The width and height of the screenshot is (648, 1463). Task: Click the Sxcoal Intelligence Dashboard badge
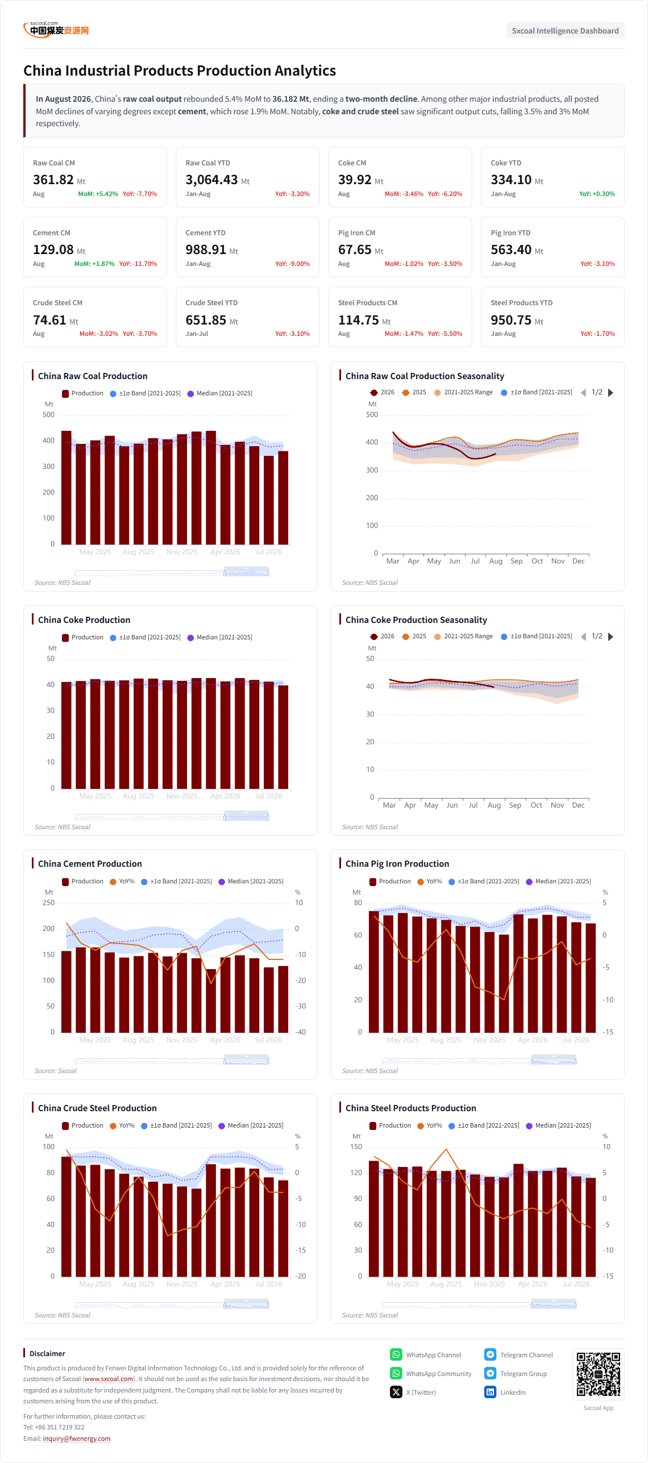tap(565, 31)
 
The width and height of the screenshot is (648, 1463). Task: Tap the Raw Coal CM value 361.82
tap(53, 180)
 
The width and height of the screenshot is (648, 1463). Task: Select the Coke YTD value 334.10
tap(511, 180)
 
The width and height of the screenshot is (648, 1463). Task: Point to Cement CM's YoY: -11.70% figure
tap(138, 264)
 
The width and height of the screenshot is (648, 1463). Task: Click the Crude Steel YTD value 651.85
tap(206, 320)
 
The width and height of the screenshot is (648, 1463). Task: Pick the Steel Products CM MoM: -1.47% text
tap(404, 334)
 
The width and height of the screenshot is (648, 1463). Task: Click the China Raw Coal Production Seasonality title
tap(425, 376)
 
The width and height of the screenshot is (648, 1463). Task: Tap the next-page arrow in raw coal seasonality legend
tap(610, 393)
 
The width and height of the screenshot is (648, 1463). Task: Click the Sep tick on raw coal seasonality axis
tap(516, 561)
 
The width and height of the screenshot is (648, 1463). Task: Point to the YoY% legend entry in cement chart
tap(122, 882)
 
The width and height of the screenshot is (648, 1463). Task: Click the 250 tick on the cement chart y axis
tap(49, 903)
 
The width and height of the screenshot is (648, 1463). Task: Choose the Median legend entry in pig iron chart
tap(558, 882)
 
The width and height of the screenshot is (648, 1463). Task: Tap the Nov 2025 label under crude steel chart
tap(182, 1284)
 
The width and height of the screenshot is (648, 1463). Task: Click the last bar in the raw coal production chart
tap(283, 498)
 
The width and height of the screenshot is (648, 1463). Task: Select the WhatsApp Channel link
tap(433, 1355)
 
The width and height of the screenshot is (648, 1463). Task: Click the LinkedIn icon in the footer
tap(490, 1392)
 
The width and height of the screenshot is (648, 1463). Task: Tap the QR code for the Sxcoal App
tap(598, 1374)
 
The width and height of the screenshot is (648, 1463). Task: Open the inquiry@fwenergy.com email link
tap(77, 1439)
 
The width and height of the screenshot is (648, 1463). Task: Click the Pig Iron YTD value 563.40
tap(511, 250)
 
